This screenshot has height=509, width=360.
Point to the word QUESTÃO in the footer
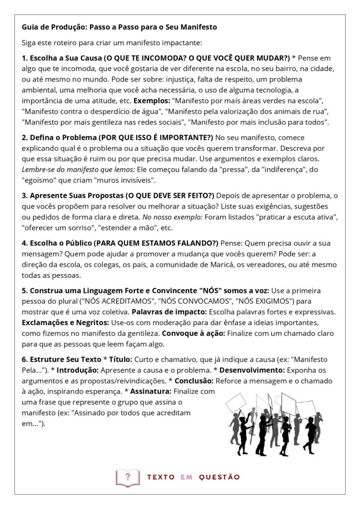tap(219, 477)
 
